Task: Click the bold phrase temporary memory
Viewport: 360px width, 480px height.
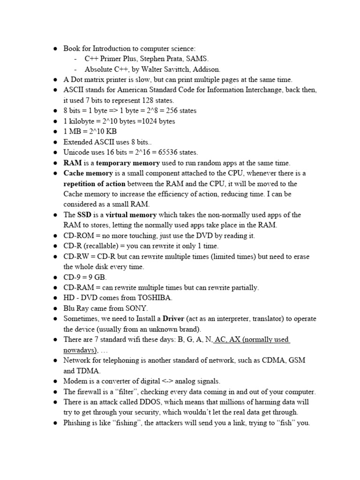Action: pyautogui.click(x=127, y=163)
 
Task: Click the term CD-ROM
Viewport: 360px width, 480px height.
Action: pyautogui.click(x=78, y=236)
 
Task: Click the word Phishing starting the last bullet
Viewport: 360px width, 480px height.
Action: pyautogui.click(x=78, y=423)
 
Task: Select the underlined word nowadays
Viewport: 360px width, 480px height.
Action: pyautogui.click(x=80, y=350)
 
